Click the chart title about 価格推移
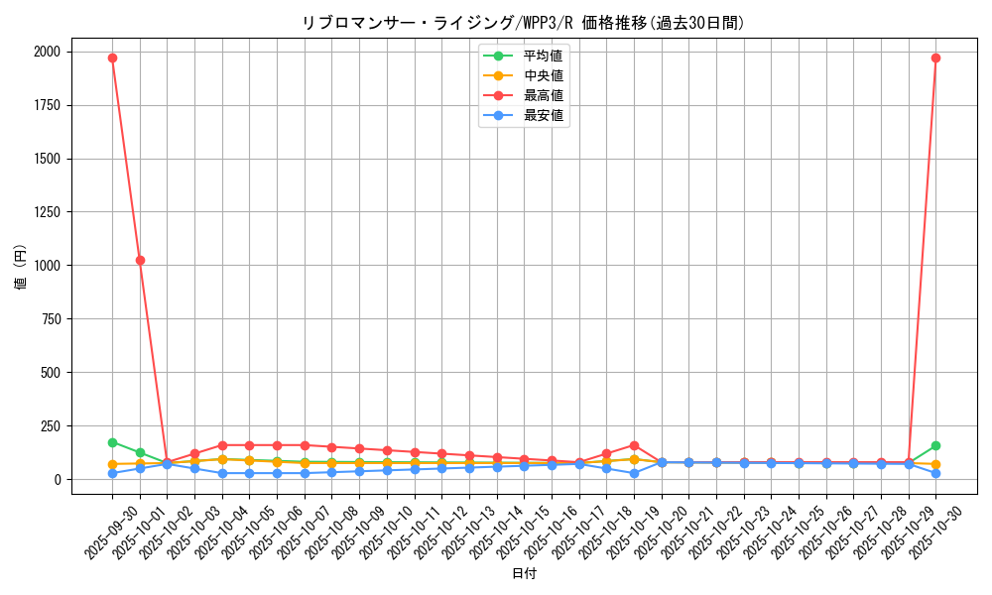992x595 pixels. [x=523, y=22]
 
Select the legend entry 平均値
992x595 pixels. [x=543, y=55]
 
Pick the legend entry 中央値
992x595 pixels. [x=543, y=75]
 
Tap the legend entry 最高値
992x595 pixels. [x=543, y=95]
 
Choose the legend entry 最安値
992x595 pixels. [x=543, y=116]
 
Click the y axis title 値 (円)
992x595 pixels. [x=21, y=268]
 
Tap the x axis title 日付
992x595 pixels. [x=524, y=574]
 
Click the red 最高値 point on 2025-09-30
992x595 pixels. [x=112, y=58]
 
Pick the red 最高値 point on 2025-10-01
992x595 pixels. [x=140, y=260]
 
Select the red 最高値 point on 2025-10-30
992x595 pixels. [x=935, y=58]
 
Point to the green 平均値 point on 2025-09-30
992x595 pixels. [x=112, y=442]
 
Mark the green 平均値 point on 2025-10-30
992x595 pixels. [x=935, y=445]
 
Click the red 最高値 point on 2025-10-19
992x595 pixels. [x=634, y=445]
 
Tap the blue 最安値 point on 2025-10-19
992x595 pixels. [x=634, y=473]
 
